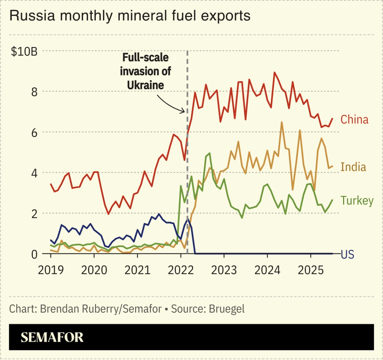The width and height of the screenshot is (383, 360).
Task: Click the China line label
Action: coord(354,119)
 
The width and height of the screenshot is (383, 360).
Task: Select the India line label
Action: coord(353,167)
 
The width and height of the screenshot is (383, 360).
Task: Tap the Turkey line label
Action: coord(357,201)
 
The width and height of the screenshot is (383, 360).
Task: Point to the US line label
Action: coord(347,255)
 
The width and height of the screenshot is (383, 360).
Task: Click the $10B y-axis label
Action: coord(24,52)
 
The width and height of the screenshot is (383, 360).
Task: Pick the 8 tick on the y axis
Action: coord(34,92)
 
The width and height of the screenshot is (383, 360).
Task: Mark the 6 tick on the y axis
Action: coord(34,132)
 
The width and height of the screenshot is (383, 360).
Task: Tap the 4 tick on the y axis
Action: coord(34,173)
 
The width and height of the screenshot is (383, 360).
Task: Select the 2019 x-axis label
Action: coord(51,270)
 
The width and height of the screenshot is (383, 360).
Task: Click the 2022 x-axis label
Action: coord(181,270)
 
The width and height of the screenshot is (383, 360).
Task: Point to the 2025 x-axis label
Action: coord(311,270)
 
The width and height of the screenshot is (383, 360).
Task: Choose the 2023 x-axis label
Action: coord(224,270)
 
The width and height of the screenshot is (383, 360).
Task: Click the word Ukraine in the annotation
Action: coord(145,85)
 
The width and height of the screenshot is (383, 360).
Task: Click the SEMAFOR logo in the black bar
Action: coord(52,337)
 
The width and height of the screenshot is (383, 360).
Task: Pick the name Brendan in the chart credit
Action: coord(59,309)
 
